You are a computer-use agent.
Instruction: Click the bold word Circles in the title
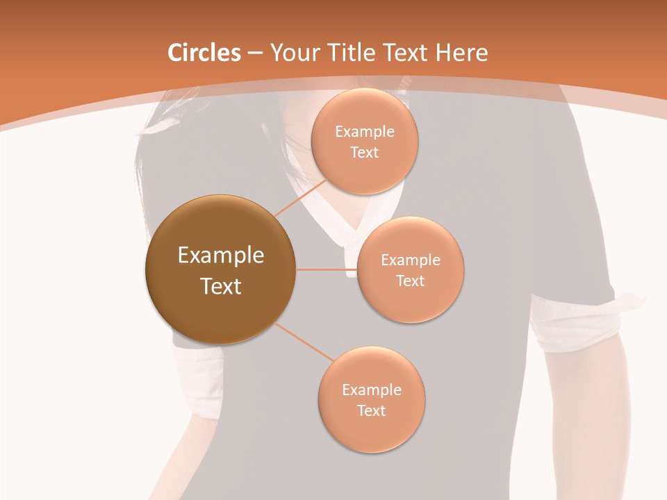204,53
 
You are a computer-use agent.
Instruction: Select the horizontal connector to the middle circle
327,269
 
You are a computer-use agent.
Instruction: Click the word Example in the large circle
220,256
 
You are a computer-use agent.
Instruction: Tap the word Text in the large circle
220,286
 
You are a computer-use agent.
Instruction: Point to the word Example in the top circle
364,132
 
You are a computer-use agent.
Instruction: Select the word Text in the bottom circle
371,410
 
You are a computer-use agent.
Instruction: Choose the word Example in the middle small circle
410,260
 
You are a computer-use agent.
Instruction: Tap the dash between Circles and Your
254,53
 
